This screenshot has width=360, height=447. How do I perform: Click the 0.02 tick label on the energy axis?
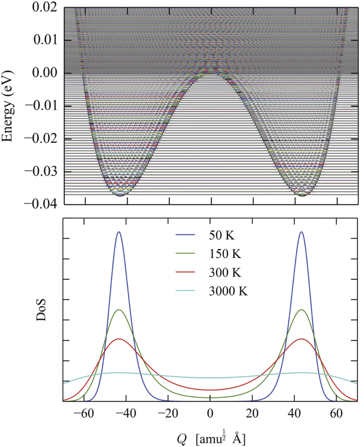(45, 7)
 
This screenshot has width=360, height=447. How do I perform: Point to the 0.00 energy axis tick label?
(45, 73)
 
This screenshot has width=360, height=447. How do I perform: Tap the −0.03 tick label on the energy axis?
(41, 171)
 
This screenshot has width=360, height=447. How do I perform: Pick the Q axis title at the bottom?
(211, 438)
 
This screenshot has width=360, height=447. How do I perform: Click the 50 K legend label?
(222, 235)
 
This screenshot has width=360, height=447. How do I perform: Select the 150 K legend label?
(225, 254)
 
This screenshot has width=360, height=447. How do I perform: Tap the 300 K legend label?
(225, 272)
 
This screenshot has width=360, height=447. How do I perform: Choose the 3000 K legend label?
(229, 291)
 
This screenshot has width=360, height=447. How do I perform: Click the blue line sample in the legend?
(185, 235)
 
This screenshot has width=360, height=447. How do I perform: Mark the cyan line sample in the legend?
(185, 291)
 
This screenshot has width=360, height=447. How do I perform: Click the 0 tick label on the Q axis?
(211, 413)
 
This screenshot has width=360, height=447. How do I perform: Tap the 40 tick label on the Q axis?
(295, 413)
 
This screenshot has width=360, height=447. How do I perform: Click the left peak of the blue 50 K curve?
(119, 232)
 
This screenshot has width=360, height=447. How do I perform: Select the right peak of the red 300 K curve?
(301, 338)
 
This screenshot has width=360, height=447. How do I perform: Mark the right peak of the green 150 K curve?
(301, 309)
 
